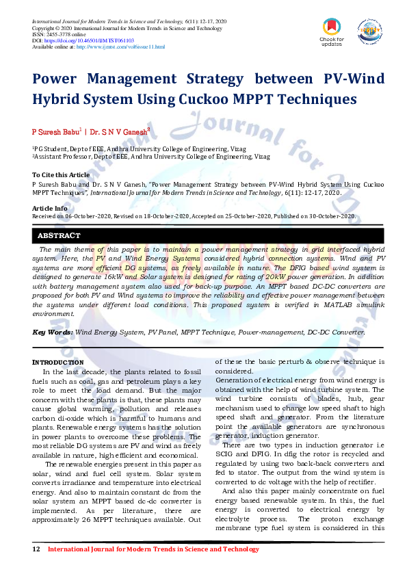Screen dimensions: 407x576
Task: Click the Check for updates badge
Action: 332,31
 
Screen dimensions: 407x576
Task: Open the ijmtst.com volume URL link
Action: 120,47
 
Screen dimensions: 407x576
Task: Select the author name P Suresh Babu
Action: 57,130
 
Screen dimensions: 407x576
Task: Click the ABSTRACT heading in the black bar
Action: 61,236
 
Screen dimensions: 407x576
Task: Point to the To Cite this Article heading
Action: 61,175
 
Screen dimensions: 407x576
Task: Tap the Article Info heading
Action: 50,207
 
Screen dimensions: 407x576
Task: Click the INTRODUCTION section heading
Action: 58,362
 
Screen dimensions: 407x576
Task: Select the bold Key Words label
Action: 53,332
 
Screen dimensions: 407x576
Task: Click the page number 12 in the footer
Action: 36,549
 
